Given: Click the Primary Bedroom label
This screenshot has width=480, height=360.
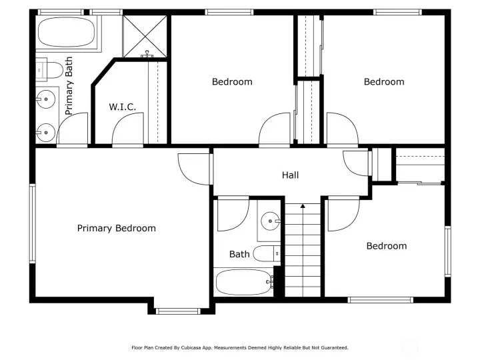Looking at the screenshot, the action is (116, 229).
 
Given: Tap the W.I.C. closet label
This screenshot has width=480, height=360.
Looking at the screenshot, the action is (123, 107).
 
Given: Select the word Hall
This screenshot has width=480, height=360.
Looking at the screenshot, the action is (290, 175).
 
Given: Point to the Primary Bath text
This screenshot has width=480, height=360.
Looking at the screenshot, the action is (69, 86).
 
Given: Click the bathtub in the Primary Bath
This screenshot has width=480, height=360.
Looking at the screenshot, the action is (66, 32).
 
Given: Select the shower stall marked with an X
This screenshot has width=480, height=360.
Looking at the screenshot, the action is (145, 36).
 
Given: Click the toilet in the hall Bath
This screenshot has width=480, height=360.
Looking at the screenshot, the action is (267, 253).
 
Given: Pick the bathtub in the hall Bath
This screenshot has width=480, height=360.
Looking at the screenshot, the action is (244, 282).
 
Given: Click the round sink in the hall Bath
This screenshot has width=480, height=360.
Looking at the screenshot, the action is (270, 221).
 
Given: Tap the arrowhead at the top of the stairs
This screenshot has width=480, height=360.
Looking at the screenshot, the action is (303, 206).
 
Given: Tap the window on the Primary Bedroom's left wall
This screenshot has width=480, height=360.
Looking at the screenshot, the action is (33, 223).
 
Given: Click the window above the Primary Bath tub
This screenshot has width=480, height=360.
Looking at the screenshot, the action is (61, 12).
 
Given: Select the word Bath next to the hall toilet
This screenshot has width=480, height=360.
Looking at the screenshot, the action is (239, 254).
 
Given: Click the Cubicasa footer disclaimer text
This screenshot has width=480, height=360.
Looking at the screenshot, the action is (240, 348).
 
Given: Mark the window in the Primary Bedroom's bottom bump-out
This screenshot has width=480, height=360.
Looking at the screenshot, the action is (178, 311).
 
